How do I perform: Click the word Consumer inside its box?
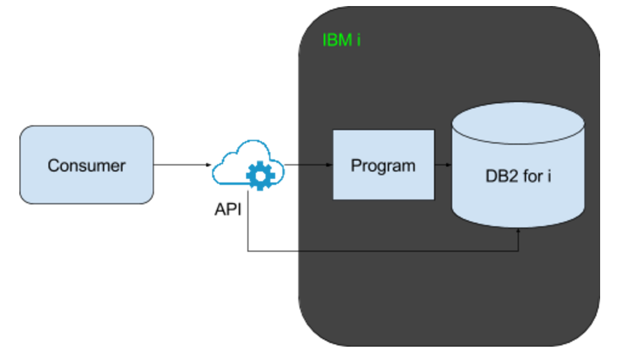pyautogui.click(x=87, y=165)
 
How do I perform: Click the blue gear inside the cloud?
pyautogui.click(x=260, y=176)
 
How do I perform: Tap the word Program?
pyautogui.click(x=383, y=165)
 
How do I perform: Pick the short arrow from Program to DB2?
pyautogui.click(x=443, y=165)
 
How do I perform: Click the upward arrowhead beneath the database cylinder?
pyautogui.click(x=519, y=232)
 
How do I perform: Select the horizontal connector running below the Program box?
pyautogui.click(x=382, y=251)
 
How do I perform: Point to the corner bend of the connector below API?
pyautogui.click(x=249, y=250)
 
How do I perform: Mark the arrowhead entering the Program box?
pyautogui.click(x=330, y=165)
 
